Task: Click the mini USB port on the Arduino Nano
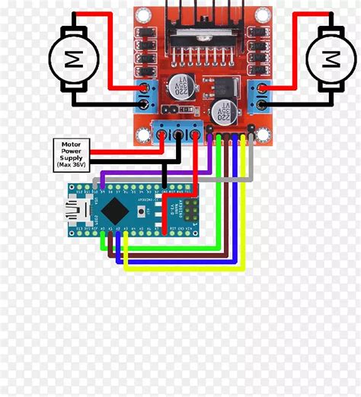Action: point(76,208)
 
